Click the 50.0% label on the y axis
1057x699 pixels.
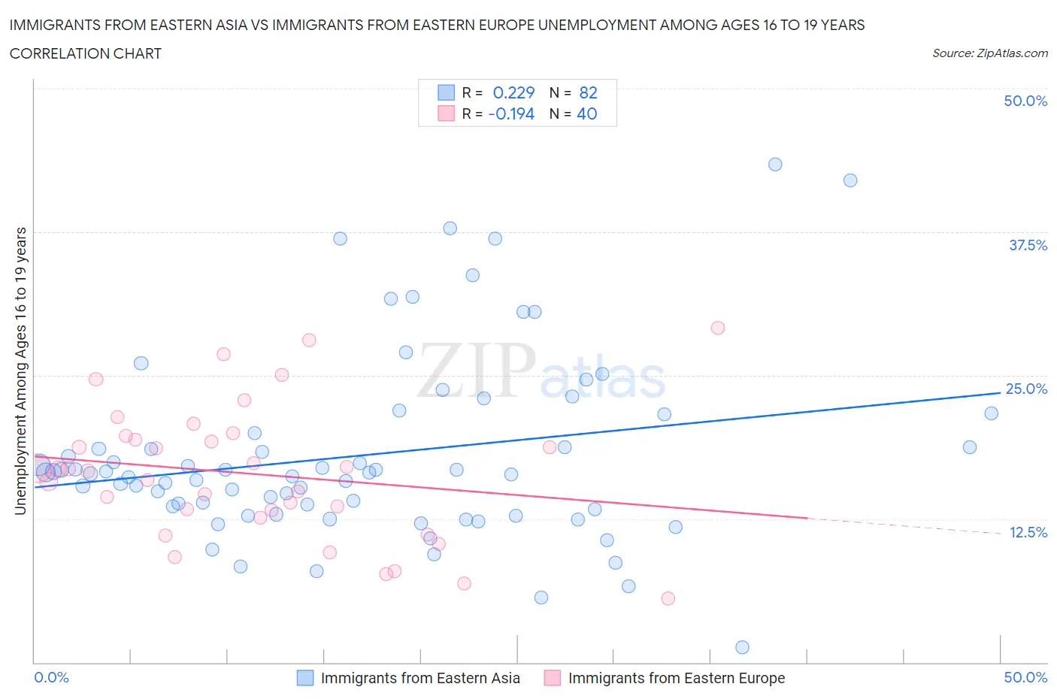coord(1025,101)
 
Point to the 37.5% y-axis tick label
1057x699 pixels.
coord(1028,245)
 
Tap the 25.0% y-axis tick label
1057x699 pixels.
coord(1026,389)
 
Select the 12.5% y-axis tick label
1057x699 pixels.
coord(1028,532)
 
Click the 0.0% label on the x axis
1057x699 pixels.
coord(52,677)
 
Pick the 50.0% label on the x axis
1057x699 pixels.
coord(1025,677)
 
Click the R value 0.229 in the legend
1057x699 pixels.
coord(513,92)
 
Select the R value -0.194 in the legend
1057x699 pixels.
coord(511,113)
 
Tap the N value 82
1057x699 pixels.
coord(588,92)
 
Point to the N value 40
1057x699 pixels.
coord(586,113)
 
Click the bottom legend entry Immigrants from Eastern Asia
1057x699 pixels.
coord(419,678)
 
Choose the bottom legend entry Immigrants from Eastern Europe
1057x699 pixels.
coord(676,678)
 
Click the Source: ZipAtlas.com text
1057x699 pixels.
coord(989,53)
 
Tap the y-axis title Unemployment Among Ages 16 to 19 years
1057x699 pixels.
coord(21,371)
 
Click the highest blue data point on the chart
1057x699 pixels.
coord(775,165)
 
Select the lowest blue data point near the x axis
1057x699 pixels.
coord(742,647)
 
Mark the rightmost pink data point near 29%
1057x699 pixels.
coord(717,328)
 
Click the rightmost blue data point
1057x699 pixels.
coord(991,413)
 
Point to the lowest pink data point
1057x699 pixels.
coord(668,598)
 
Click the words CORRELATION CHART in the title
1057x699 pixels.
coord(86,53)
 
